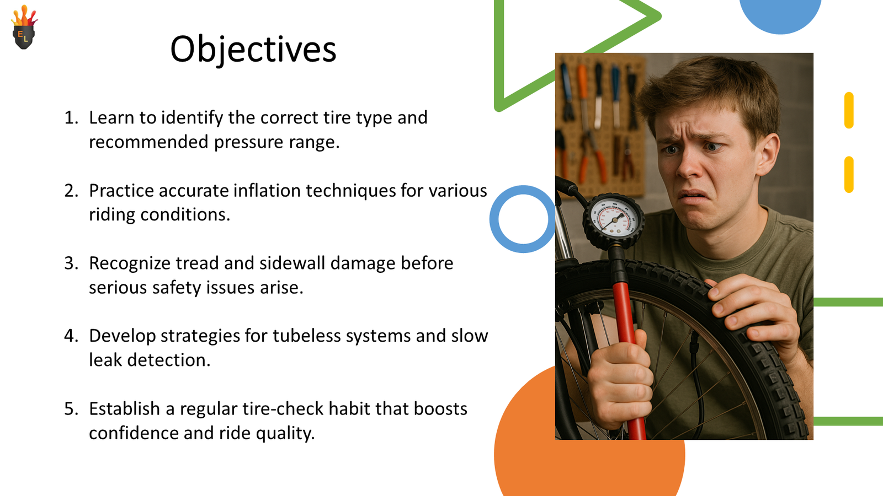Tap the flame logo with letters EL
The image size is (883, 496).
point(24,27)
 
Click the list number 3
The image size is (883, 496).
point(71,263)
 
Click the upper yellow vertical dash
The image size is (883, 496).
point(849,110)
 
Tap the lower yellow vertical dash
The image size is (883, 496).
point(849,174)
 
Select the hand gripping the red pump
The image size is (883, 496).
point(618,382)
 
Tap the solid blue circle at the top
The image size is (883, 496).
point(780,14)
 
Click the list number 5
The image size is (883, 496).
point(71,408)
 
